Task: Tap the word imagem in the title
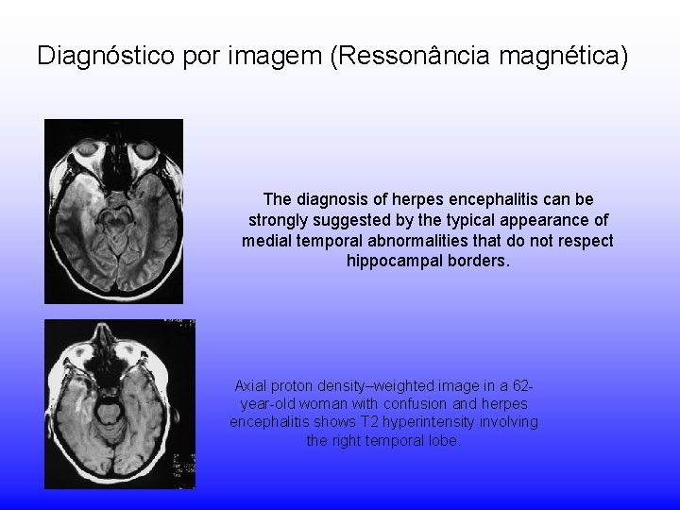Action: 277,56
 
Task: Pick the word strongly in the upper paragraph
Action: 276,220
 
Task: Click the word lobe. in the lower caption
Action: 444,440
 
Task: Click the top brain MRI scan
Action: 114,211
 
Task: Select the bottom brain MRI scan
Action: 119,403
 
